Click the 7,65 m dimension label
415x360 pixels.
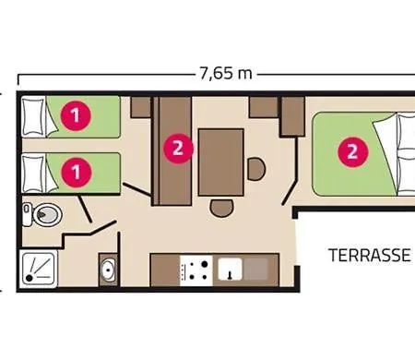point(226,74)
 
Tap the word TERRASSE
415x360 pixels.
point(370,255)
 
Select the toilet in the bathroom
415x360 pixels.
point(43,214)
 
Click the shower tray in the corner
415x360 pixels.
point(39,269)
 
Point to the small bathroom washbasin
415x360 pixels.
point(108,270)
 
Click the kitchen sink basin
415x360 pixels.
point(230,269)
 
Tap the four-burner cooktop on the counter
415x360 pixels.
point(196,270)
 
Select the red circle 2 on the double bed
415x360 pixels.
point(353,152)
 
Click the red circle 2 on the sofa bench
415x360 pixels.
point(178,149)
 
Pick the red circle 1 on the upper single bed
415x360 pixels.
point(76,116)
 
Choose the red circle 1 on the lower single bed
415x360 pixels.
point(77,173)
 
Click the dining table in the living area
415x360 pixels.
point(221,162)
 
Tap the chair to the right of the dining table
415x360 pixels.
point(256,169)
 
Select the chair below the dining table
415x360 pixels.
point(221,208)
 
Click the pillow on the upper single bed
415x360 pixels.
point(33,116)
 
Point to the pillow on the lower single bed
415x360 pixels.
point(33,174)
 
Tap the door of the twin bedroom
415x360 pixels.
point(137,189)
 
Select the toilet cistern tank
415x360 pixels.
point(27,214)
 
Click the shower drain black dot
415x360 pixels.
point(30,278)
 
